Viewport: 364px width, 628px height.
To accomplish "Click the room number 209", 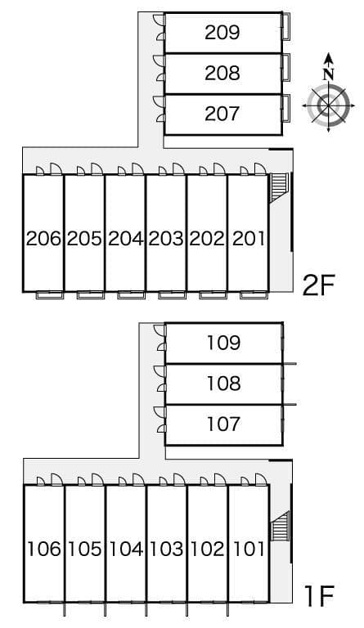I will (x=222, y=33).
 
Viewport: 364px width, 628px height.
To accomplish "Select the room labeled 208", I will (x=222, y=74).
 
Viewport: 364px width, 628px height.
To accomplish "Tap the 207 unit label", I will (x=222, y=114).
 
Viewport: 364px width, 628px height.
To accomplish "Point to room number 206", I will (x=43, y=239).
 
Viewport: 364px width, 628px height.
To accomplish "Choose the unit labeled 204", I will (x=125, y=239).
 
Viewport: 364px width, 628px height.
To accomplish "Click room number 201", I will (x=249, y=239).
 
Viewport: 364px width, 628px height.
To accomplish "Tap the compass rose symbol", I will (x=329, y=105).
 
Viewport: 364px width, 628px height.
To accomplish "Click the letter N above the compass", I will (x=329, y=73).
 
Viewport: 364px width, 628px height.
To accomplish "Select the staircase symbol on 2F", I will (x=279, y=186).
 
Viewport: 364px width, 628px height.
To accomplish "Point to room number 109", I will (x=223, y=343).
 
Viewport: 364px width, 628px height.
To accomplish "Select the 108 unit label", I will (x=223, y=383).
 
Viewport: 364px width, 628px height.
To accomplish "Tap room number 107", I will (x=223, y=424).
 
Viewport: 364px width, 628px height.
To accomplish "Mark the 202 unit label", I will (x=207, y=239).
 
